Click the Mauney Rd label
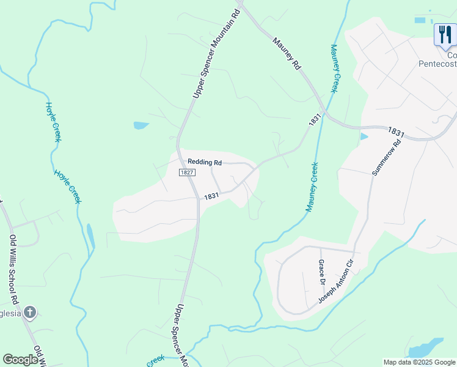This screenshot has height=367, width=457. [288, 54]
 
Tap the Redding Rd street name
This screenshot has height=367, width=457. [205, 162]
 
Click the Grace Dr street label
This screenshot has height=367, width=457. [321, 272]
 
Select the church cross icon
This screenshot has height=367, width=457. [29, 313]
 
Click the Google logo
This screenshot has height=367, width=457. [20, 360]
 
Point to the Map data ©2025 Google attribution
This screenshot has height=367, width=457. [419, 362]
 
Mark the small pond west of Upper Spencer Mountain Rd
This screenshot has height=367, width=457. [141, 125]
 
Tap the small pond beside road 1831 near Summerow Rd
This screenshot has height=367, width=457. [364, 136]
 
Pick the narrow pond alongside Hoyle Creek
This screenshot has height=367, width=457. [91, 235]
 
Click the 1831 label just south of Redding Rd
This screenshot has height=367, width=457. [211, 196]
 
